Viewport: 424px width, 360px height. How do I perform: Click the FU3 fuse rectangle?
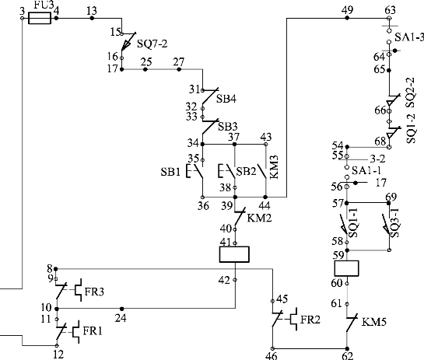pyautogui.click(x=40, y=19)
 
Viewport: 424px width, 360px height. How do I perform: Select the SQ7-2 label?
pyautogui.click(x=152, y=44)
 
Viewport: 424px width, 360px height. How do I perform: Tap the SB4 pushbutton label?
pyautogui.click(x=226, y=99)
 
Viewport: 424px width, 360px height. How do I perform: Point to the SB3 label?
pyautogui.click(x=228, y=127)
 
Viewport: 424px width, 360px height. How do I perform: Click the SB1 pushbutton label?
pyautogui.click(x=170, y=172)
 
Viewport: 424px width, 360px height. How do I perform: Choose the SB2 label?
pyautogui.click(x=246, y=171)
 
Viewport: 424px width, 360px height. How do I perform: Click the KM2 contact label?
pyautogui.click(x=259, y=218)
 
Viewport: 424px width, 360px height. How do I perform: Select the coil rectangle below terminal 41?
pyautogui.click(x=234, y=254)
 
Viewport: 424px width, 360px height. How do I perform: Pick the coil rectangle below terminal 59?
pyautogui.click(x=347, y=268)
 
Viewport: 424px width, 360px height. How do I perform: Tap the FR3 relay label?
pyautogui.click(x=94, y=292)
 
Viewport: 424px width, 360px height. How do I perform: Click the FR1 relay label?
pyautogui.click(x=93, y=331)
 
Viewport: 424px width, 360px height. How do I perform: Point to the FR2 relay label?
pyautogui.click(x=310, y=320)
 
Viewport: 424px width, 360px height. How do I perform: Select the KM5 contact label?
pyautogui.click(x=374, y=322)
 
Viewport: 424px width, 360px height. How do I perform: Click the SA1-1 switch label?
pyautogui.click(x=366, y=170)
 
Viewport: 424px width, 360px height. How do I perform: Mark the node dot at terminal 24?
pyautogui.click(x=121, y=309)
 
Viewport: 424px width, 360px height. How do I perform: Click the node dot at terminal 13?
pyautogui.click(x=92, y=18)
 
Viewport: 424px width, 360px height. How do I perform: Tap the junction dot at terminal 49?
pyautogui.click(x=347, y=18)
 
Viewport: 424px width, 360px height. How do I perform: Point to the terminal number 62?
pyautogui.click(x=348, y=356)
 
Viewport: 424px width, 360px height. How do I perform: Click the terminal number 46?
pyautogui.click(x=272, y=356)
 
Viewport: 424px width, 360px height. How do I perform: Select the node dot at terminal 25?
pyautogui.click(x=145, y=69)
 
